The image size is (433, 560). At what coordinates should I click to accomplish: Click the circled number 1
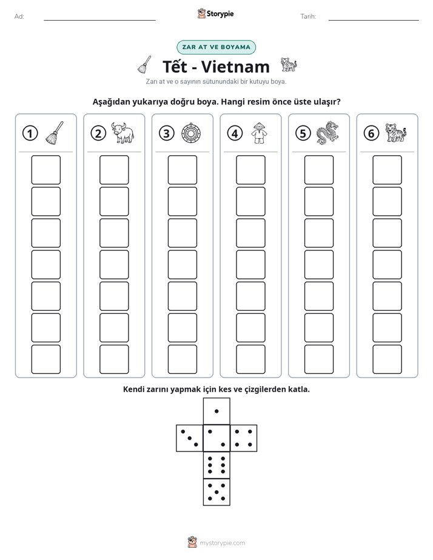point(30,133)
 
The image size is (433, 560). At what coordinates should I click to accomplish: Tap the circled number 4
point(235,133)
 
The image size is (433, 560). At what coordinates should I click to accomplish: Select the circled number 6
point(371,133)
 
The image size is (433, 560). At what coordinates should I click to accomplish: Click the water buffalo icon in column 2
point(123,133)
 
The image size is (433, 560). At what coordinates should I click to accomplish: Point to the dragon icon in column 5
point(327,133)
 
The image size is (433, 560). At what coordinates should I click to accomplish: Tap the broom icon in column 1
point(55,133)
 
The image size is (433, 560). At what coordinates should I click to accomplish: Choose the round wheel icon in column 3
point(191,133)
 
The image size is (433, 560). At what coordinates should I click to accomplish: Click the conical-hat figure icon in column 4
point(259,133)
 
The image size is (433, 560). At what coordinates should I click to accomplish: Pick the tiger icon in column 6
point(396,133)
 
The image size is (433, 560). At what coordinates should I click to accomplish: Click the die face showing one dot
point(216,412)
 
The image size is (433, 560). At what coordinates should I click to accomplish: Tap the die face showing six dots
point(216,465)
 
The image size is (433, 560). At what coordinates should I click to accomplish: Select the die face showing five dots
point(216,492)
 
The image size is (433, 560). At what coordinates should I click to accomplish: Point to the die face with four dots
point(244,438)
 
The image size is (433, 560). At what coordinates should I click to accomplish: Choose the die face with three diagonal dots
point(190,438)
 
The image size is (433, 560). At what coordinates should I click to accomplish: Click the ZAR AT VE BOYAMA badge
point(216,47)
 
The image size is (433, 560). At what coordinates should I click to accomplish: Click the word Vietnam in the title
point(235,67)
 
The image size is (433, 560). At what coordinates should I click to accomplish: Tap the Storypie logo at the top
point(215,14)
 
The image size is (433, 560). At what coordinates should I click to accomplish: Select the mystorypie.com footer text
point(222,543)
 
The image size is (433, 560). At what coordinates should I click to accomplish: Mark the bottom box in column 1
point(45,359)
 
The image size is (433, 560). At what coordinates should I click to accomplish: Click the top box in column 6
point(388,170)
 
